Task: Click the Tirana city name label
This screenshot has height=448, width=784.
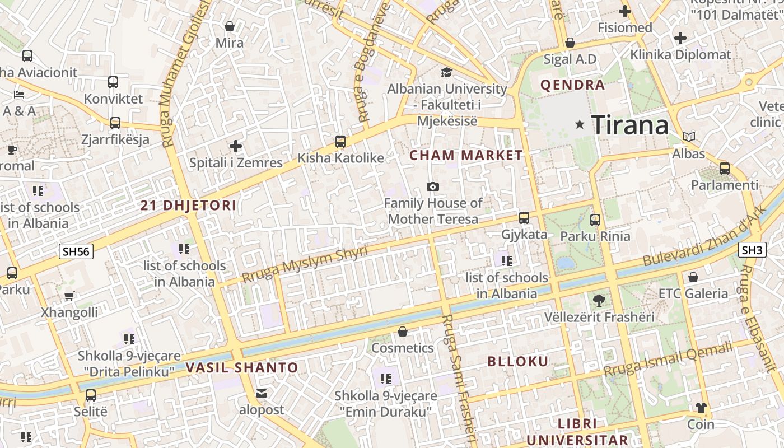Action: coord(630,125)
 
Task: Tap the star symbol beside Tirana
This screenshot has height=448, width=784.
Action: coord(580,125)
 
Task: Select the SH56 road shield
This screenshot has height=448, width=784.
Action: coord(76,251)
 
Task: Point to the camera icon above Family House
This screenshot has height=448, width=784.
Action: coord(433,186)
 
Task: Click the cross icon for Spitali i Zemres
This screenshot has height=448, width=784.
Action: coord(236,147)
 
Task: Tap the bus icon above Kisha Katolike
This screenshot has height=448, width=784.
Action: coord(340,142)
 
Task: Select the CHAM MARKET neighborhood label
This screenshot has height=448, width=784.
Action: coord(466,156)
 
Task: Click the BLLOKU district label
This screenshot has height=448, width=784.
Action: coord(518,361)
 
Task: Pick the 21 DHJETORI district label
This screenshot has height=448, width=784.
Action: coord(188,206)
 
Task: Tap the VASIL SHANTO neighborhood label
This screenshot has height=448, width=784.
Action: coord(242,368)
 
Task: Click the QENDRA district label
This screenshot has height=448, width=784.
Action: coord(572,85)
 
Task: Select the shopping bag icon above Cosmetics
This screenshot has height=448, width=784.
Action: coord(402,332)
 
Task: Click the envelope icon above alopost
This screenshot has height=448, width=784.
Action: coord(262,394)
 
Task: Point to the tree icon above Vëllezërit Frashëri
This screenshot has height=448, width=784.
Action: coord(599,301)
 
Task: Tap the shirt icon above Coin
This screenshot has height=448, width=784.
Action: coord(701,408)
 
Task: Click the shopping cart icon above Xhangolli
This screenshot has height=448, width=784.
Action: coord(69,296)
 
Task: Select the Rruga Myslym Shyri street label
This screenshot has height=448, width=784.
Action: coord(305,264)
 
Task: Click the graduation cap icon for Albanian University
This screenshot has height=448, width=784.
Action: coord(446,72)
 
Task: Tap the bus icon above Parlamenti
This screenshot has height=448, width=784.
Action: coord(725,168)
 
